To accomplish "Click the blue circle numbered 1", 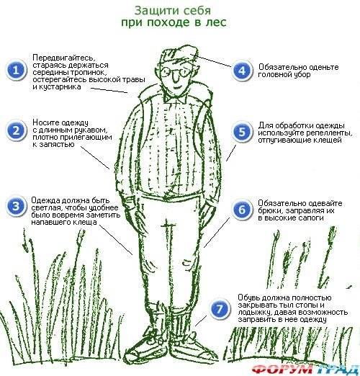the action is click(16, 70).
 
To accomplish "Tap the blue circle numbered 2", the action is click(16, 131).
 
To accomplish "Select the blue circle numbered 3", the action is click(16, 206).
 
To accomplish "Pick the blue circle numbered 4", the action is click(242, 71).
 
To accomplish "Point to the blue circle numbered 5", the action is click(242, 132).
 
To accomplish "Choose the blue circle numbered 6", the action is click(242, 210).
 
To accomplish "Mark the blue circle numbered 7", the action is click(220, 308).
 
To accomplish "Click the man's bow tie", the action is click(175, 98).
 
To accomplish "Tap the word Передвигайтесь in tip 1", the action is click(64, 58).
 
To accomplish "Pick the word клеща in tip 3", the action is click(86, 222).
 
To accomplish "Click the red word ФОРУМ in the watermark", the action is click(283, 370).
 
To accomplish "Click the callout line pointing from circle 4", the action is click(211, 61).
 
